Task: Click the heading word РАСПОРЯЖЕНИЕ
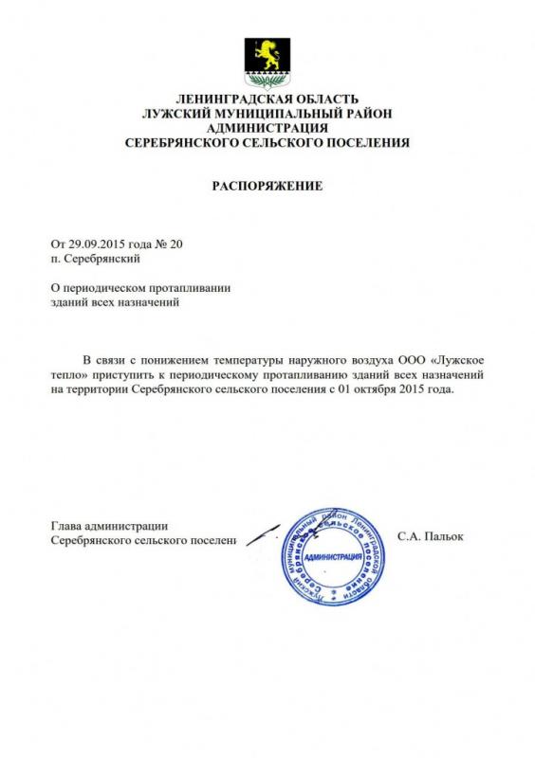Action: [x=267, y=186]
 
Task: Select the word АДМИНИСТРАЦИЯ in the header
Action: [x=267, y=128]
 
